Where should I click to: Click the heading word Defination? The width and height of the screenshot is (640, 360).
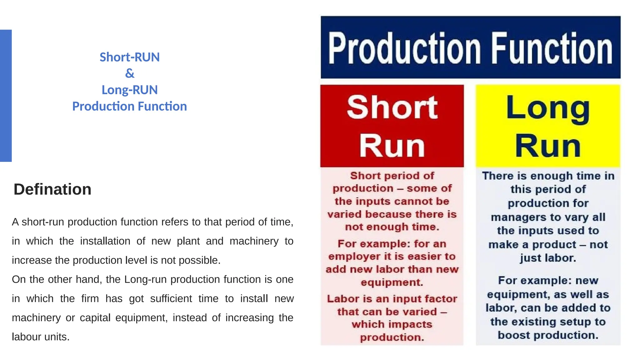pyautogui.click(x=52, y=189)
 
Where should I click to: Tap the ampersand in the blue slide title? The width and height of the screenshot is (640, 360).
pyautogui.click(x=130, y=73)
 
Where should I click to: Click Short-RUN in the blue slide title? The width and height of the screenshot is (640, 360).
pyautogui.click(x=130, y=57)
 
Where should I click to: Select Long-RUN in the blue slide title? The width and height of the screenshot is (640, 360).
pyautogui.click(x=130, y=90)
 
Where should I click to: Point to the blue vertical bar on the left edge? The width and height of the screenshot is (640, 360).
pyautogui.click(x=6, y=96)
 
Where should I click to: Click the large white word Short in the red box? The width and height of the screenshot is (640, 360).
pyautogui.click(x=392, y=107)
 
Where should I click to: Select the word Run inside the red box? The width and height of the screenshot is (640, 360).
pyautogui.click(x=392, y=146)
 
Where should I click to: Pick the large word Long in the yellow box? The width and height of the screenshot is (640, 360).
pyautogui.click(x=548, y=108)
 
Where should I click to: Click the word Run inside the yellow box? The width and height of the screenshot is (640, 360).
pyautogui.click(x=548, y=146)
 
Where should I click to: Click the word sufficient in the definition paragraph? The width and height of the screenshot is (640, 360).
pyautogui.click(x=171, y=299)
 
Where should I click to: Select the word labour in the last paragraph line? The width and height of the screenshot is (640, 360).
pyautogui.click(x=25, y=337)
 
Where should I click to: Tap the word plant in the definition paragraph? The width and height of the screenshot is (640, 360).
pyautogui.click(x=188, y=241)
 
